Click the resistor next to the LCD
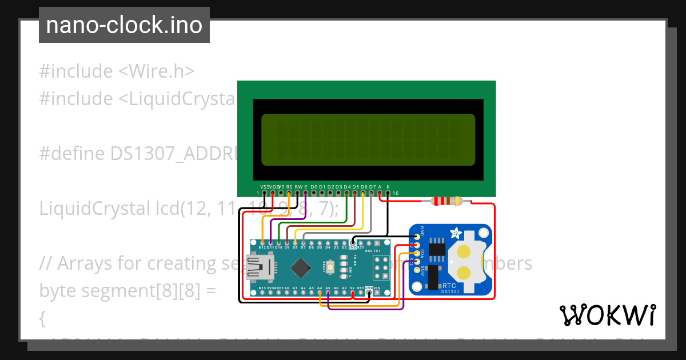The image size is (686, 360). (x=448, y=201)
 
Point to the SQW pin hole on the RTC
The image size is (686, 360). (x=417, y=270)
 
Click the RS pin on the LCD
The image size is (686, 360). (x=289, y=193)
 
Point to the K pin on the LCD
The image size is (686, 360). (x=388, y=193)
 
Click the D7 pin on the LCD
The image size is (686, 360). (x=372, y=193)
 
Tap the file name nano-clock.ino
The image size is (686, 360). (x=124, y=25)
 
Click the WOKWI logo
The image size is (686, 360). (x=607, y=315)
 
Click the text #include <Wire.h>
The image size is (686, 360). (x=117, y=71)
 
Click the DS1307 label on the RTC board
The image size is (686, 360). (x=451, y=291)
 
